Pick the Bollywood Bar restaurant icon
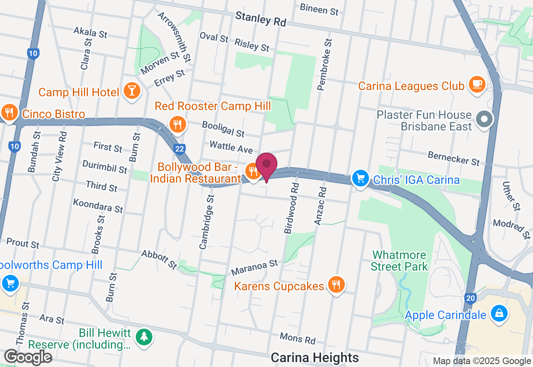point(252,171)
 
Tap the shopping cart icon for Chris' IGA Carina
point(361,179)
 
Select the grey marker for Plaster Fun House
point(484,120)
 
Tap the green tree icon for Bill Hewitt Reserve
point(144,336)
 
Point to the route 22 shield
point(179,149)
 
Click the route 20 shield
point(470,298)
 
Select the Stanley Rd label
point(261,19)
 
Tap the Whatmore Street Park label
point(399,261)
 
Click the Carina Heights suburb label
point(314,357)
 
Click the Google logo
point(28,357)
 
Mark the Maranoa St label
point(254,267)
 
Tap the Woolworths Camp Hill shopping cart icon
point(10,284)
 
